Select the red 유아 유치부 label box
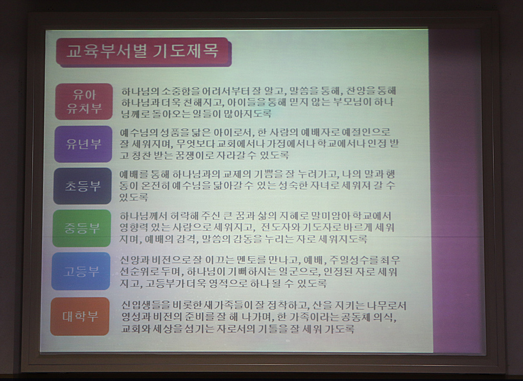click(x=84, y=101)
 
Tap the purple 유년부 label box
click(x=83, y=144)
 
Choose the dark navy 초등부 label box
click(x=83, y=186)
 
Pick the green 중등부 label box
click(x=82, y=228)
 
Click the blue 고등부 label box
click(x=81, y=271)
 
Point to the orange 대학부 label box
click(x=80, y=316)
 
